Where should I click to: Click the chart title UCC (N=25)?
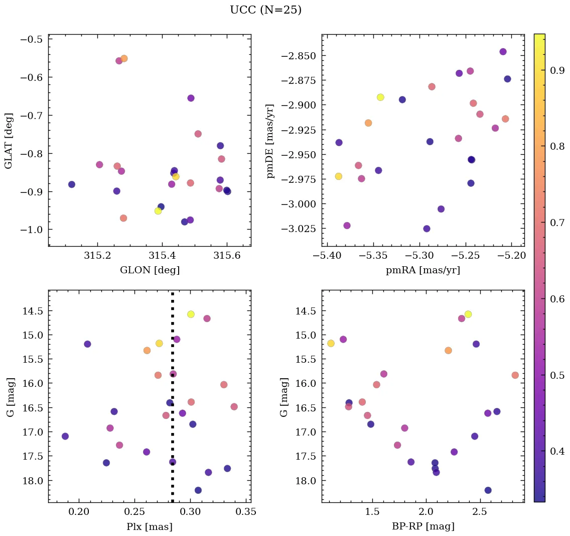click(265, 10)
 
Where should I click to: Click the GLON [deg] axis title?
click(150, 270)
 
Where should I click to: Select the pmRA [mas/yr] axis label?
click(422, 270)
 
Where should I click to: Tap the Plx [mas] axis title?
click(150, 526)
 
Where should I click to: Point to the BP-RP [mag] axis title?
click(422, 526)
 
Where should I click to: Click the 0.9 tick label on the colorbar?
click(557, 71)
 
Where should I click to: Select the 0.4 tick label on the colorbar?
click(557, 451)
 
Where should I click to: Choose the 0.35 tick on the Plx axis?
click(247, 513)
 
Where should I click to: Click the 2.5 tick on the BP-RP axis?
click(480, 513)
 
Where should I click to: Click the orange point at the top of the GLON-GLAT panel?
click(124, 58)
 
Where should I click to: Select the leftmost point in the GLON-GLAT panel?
click(72, 184)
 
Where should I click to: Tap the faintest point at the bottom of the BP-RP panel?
click(488, 490)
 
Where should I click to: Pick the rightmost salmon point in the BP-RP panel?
click(515, 375)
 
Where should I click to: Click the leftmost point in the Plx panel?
click(65, 436)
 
